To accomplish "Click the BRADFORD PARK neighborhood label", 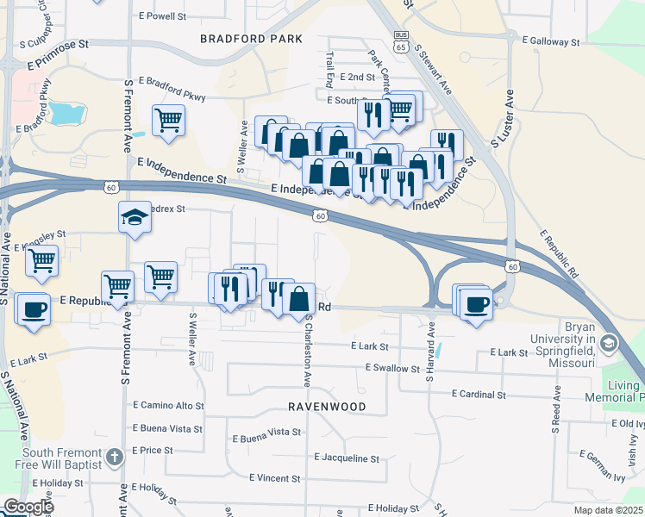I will (x=251, y=39).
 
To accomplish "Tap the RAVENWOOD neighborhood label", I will (x=328, y=407).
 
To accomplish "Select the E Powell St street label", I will (x=162, y=16).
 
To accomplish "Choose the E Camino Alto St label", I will (x=168, y=405).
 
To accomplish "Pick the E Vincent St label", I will (x=280, y=477).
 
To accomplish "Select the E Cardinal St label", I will (x=479, y=394).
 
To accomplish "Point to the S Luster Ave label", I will (x=503, y=117).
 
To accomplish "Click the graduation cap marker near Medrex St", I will (x=135, y=218).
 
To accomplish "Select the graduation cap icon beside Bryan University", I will (x=609, y=345).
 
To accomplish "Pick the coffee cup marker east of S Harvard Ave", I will (x=477, y=304).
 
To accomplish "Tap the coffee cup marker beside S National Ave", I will (x=34, y=310).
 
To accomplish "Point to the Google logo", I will (x=28, y=507).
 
